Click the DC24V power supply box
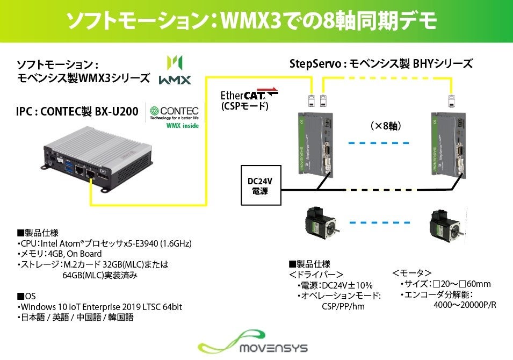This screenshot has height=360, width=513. point(261,185)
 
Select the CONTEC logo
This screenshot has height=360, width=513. point(175,111)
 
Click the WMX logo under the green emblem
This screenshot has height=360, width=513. point(175,80)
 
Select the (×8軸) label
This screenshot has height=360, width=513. point(386,126)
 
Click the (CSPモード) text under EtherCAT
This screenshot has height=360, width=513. point(244,106)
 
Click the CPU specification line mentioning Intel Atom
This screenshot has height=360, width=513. point(105,243)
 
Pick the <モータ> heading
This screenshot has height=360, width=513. point(411,273)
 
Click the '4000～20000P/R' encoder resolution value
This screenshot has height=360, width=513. point(465,306)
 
